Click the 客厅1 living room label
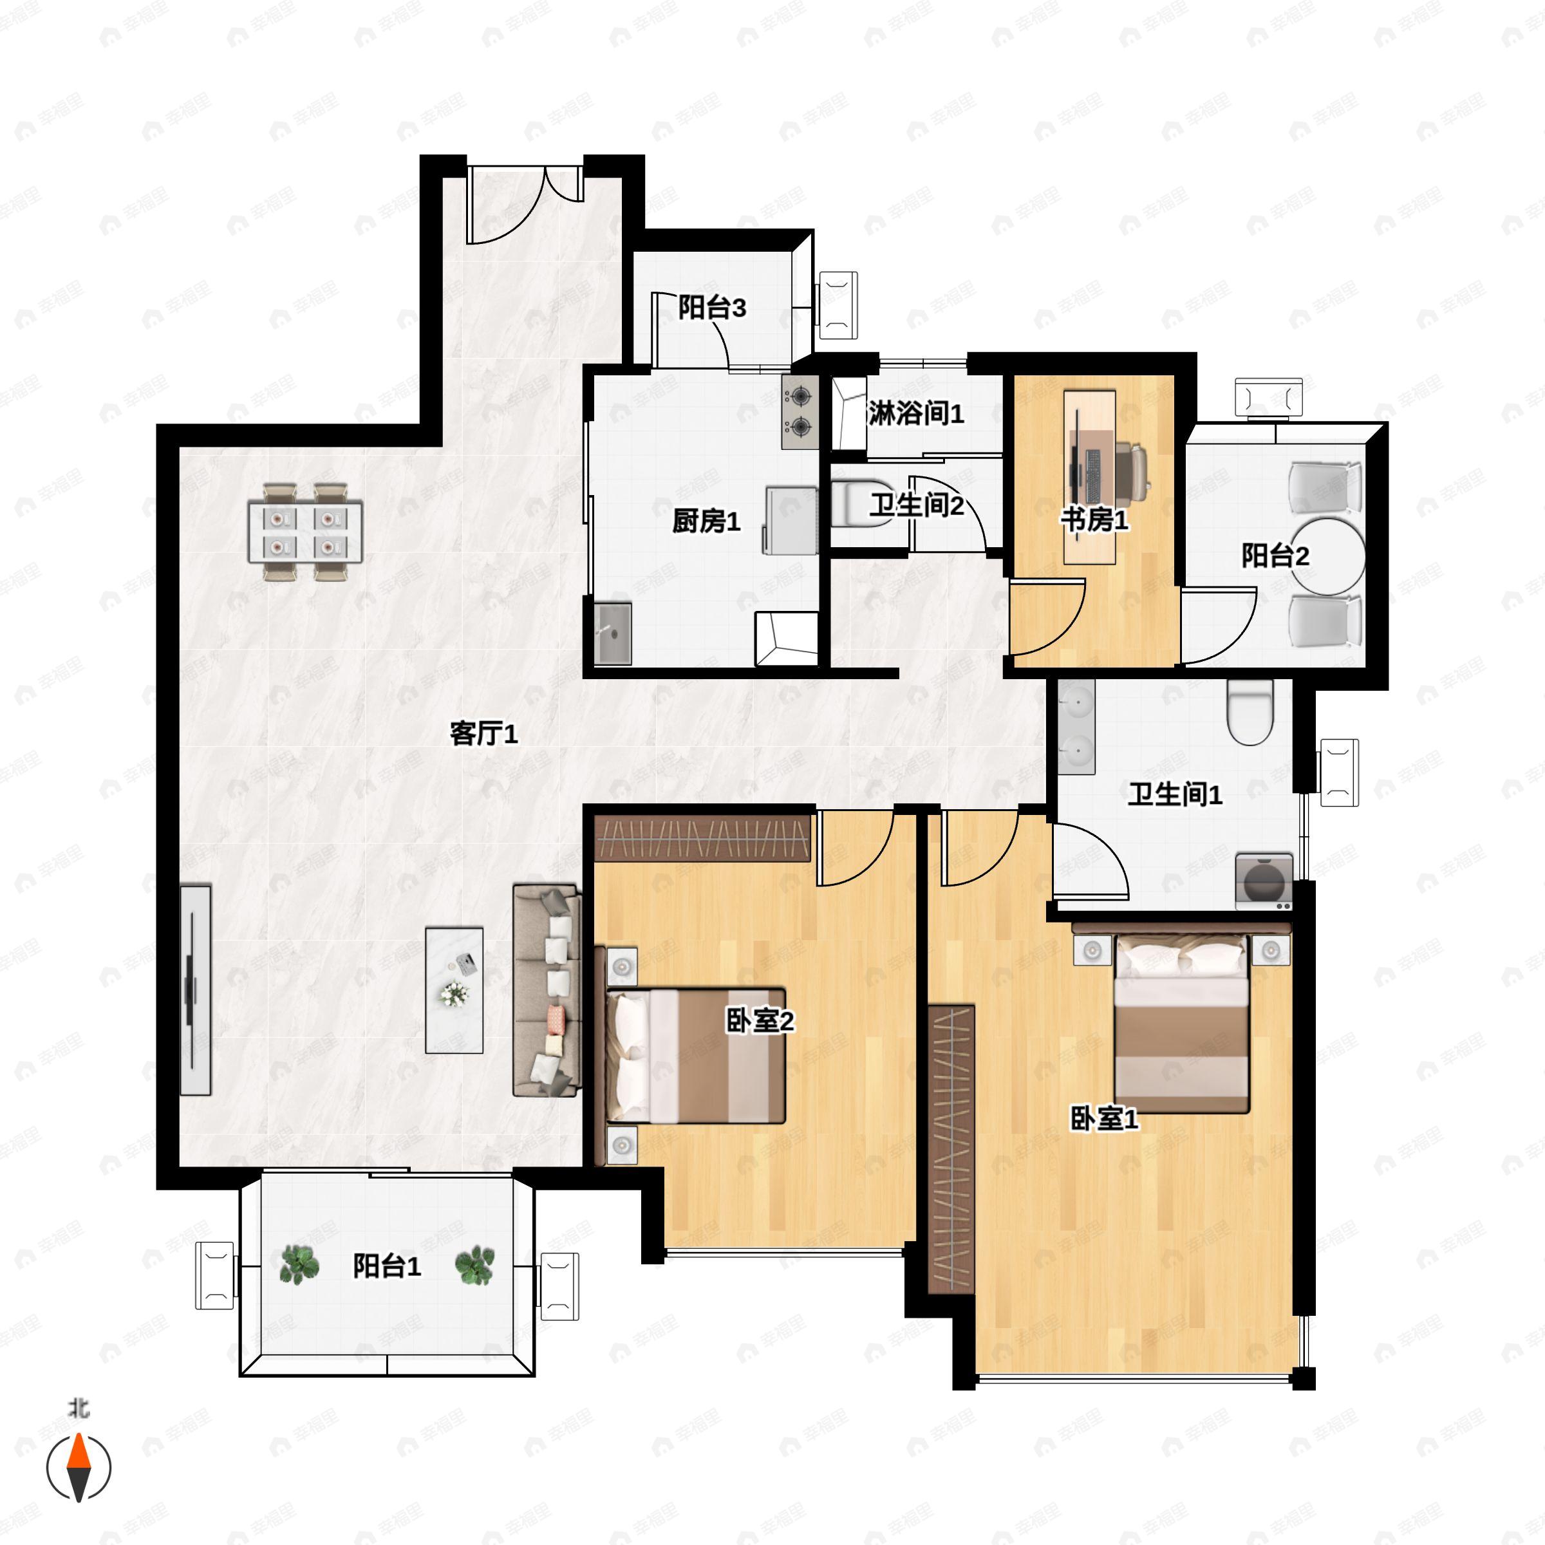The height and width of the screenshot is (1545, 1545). click(x=484, y=733)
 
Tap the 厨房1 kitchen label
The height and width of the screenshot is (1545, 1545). click(x=706, y=521)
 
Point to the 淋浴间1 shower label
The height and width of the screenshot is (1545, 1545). click(x=917, y=413)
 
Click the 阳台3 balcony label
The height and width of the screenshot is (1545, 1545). click(x=712, y=307)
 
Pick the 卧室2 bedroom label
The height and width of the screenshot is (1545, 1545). click(x=760, y=1020)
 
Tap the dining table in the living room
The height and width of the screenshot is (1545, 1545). click(x=304, y=531)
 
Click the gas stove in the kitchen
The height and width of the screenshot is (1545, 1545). click(x=800, y=412)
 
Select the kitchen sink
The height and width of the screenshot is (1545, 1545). click(x=613, y=633)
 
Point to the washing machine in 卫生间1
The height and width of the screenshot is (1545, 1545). click(x=1264, y=881)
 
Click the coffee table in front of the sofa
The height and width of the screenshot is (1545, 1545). click(x=454, y=990)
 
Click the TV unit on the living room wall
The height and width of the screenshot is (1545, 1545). click(x=194, y=989)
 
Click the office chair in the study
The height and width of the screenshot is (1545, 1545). click(x=1132, y=472)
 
